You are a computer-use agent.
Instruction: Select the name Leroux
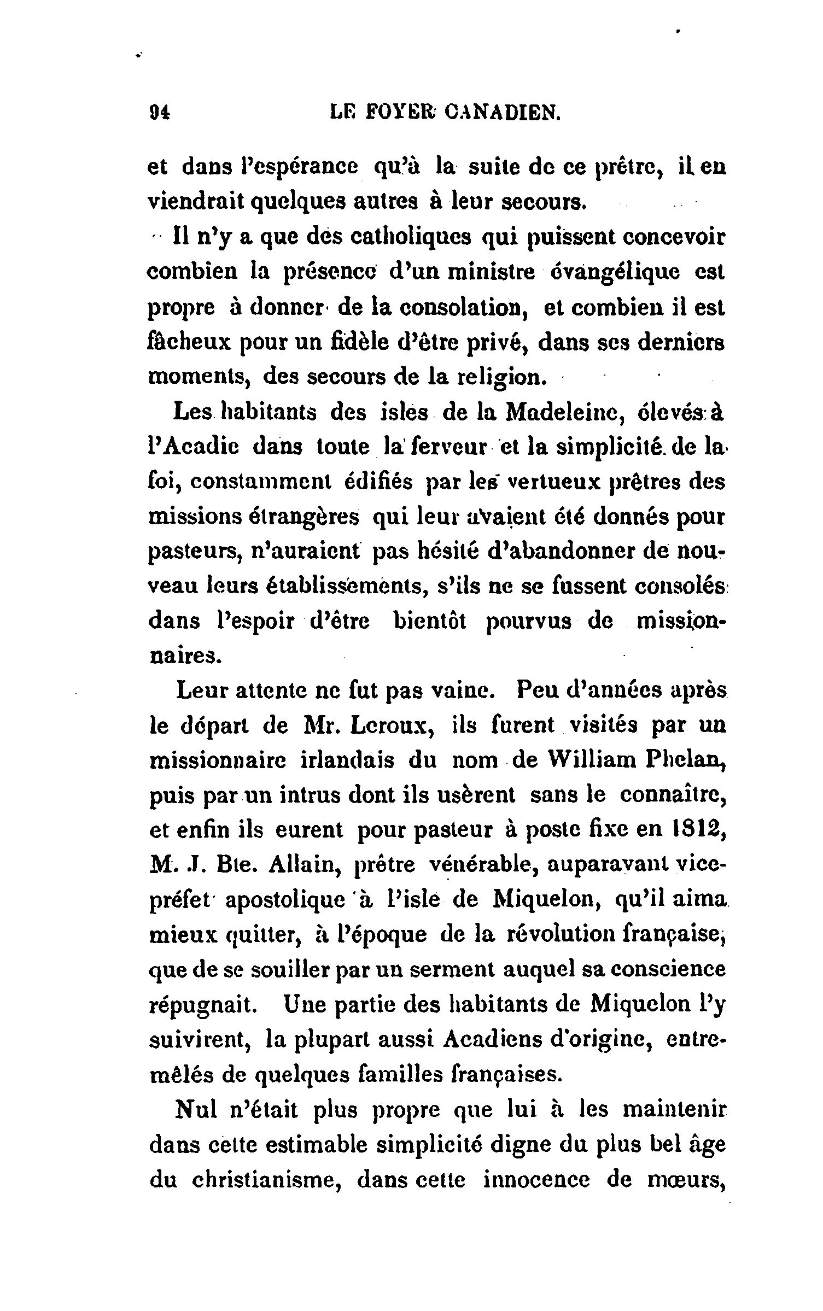tap(388, 727)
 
